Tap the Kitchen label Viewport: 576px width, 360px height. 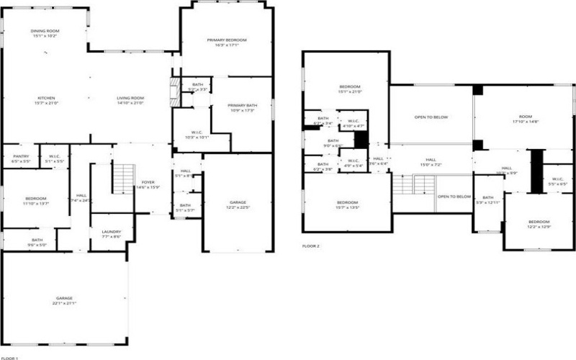(x=47, y=100)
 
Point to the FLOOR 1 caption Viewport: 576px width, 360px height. (x=9, y=357)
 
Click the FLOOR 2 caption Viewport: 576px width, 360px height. (x=311, y=246)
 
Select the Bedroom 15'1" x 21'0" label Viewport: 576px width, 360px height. (x=350, y=89)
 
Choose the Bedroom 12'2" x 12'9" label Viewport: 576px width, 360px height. (x=539, y=223)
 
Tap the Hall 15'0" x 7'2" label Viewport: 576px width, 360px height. (x=431, y=162)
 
